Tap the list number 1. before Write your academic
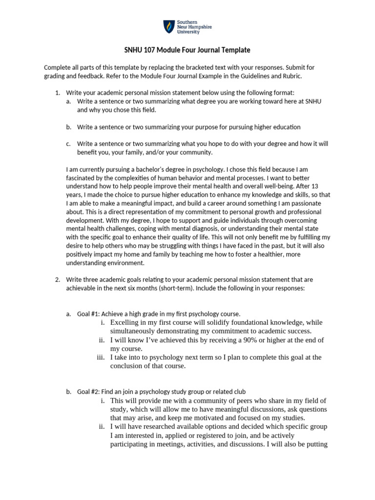pyautogui.click(x=57, y=93)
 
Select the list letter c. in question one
pyautogui.click(x=68, y=144)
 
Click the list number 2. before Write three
pyautogui.click(x=57, y=280)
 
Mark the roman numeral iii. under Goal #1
pyautogui.click(x=101, y=357)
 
